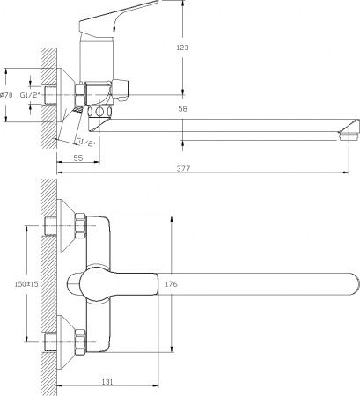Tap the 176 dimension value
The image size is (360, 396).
point(172,283)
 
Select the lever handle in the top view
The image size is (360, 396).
point(114,283)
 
